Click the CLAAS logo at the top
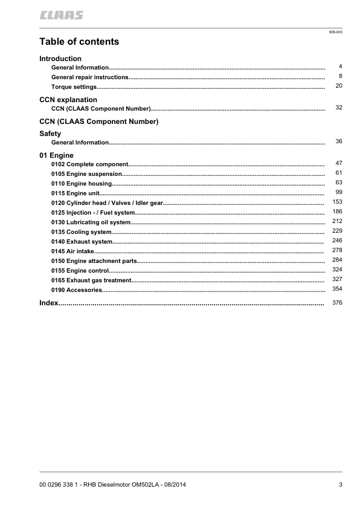point(62,15)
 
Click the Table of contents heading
point(79,42)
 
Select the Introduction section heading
point(60,59)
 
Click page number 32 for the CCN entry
point(339,108)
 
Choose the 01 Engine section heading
point(56,155)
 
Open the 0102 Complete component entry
point(90,164)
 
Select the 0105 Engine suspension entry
point(86,174)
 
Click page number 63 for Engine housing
point(339,183)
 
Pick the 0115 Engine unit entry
point(76,193)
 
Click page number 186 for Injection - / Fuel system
point(337,212)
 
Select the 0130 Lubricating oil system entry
point(91,222)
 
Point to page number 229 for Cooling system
point(337,231)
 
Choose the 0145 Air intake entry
point(72,251)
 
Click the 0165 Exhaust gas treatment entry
point(91,280)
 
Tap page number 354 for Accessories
point(337,290)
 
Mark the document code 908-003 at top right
point(335,31)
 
